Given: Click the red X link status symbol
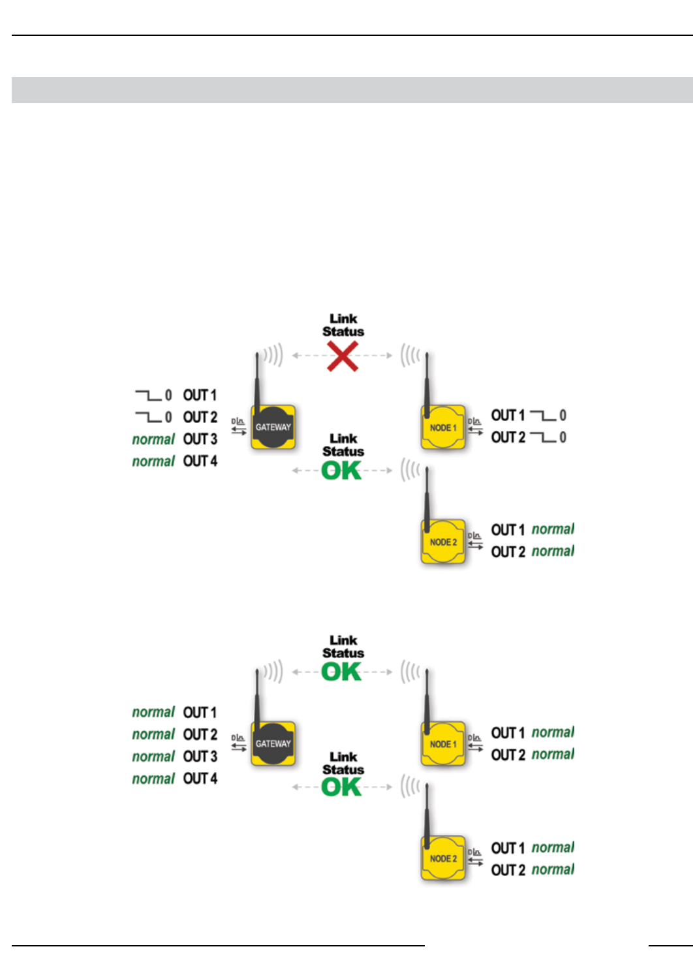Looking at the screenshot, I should coord(343,357).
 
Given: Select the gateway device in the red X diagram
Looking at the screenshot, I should coord(273,428).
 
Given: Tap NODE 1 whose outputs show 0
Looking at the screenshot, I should coord(443,428).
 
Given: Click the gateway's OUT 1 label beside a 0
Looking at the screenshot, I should coord(200,396).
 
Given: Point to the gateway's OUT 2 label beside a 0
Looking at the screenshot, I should coord(200,417).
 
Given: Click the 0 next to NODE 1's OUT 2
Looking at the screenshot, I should coord(563,437).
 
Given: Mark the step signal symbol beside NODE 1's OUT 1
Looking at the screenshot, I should coord(543,415).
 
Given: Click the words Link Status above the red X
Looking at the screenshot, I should coord(343,325).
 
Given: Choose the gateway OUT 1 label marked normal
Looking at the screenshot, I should coord(200,713).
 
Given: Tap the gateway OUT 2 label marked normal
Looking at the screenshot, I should coord(200,735).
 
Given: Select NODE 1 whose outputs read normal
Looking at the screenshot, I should coord(443,744).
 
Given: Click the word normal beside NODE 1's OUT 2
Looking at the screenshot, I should coord(553,755).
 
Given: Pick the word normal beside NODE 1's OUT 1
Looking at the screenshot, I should coord(553,732).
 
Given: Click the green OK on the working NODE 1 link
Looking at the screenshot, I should coord(341,672).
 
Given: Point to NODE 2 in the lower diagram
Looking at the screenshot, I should coord(443,859).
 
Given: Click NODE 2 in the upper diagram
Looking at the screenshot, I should coord(443,542).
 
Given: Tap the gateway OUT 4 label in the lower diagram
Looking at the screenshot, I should coord(200,779).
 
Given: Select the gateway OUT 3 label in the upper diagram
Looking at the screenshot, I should coord(200,439).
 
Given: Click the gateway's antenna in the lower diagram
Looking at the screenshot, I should coord(257,695).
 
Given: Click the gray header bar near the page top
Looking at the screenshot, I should coord(352,90).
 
